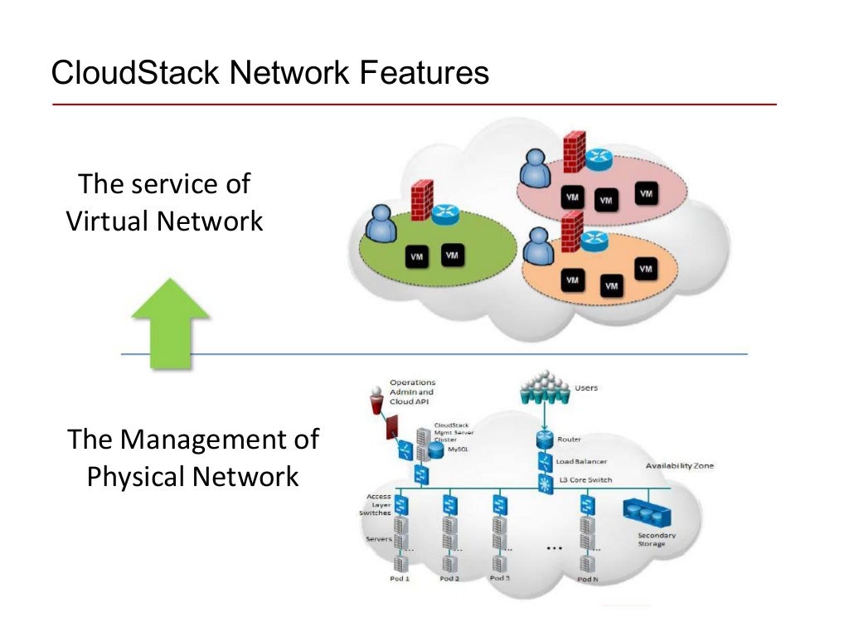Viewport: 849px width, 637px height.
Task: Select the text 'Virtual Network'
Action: click(x=164, y=221)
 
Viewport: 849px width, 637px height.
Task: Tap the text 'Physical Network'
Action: click(x=192, y=476)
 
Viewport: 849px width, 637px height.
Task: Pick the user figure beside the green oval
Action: click(x=381, y=225)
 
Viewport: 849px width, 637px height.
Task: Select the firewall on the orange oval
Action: click(x=570, y=234)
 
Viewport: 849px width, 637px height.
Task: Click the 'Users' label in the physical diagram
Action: click(x=585, y=387)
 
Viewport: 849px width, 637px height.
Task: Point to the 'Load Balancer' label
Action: click(x=581, y=461)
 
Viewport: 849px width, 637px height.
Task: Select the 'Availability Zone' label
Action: click(x=679, y=466)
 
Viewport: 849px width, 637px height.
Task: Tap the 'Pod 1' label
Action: click(x=400, y=577)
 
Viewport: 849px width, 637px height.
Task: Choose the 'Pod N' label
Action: click(x=587, y=578)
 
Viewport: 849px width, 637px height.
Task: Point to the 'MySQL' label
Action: click(x=458, y=449)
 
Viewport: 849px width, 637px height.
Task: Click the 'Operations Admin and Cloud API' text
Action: click(x=412, y=391)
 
